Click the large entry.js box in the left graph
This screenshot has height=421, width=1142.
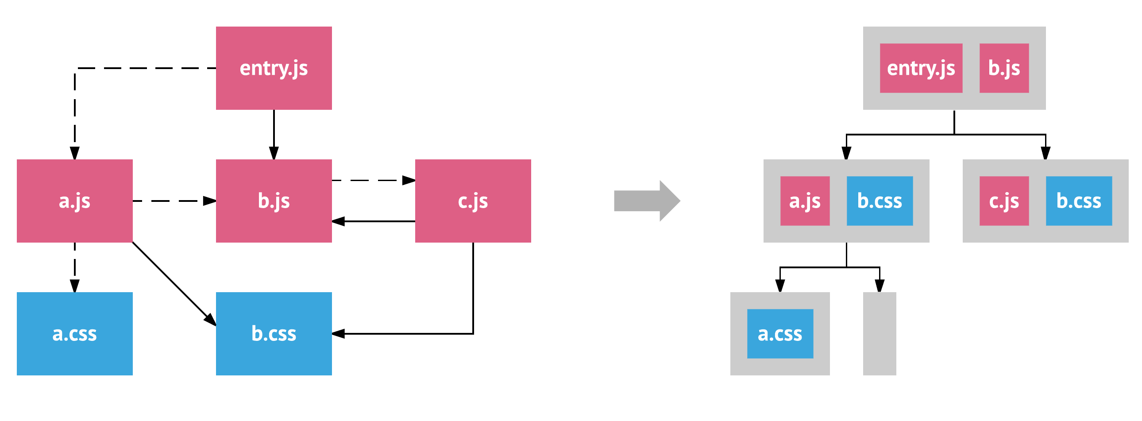tap(274, 68)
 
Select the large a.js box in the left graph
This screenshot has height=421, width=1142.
tap(74, 201)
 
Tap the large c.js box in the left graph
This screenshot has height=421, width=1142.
tap(473, 201)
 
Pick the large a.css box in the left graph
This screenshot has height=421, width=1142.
tap(74, 334)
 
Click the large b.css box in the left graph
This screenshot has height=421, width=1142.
tap(274, 334)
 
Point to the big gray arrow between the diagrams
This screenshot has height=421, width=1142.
tap(647, 201)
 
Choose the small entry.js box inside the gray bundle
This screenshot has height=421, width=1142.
tap(921, 68)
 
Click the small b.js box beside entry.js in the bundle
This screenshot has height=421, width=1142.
tap(1004, 68)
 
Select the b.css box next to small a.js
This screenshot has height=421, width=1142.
tap(880, 201)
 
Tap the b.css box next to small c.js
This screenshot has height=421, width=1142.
tap(1079, 201)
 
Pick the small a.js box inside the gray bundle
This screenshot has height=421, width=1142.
tap(805, 201)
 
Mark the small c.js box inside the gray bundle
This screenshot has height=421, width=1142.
tap(1004, 201)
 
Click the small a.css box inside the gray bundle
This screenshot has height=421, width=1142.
tap(780, 334)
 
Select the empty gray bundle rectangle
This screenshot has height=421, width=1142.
tap(880, 334)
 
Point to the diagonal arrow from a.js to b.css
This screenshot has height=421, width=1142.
tap(174, 284)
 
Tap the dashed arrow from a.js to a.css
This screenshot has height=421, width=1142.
tap(74, 267)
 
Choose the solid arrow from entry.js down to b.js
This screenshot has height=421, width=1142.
tap(274, 134)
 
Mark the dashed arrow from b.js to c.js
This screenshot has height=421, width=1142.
tap(374, 180)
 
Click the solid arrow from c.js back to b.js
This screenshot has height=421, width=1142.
tap(374, 221)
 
